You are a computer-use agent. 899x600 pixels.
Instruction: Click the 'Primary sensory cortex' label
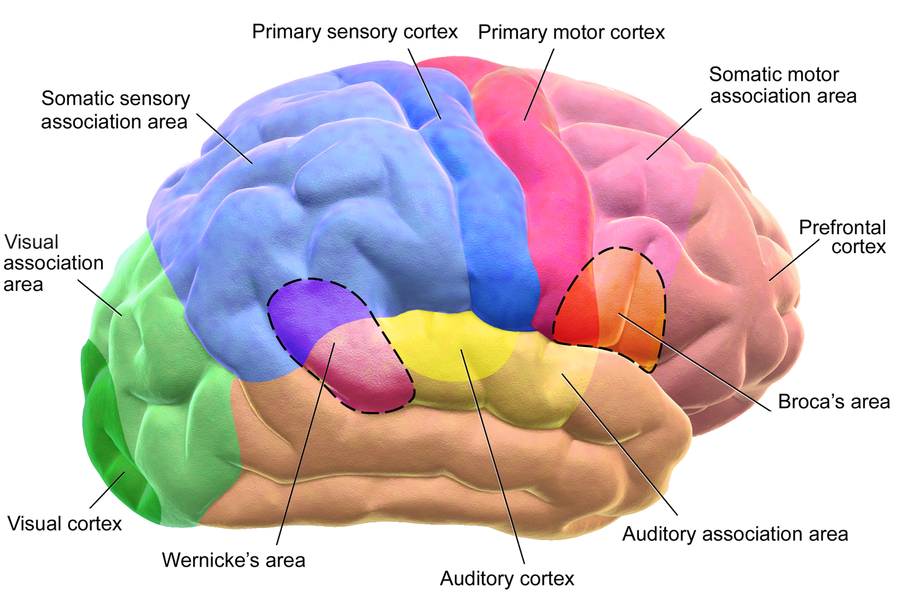(355, 32)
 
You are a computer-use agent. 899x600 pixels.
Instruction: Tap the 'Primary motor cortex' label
(571, 32)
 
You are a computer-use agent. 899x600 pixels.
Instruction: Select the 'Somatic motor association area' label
(782, 85)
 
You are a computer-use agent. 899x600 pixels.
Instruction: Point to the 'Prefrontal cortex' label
(842, 237)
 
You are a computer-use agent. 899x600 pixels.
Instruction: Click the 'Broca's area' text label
(833, 402)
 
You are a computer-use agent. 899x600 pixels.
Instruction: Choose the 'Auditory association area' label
(735, 534)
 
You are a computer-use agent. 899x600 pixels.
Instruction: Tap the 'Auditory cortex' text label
(507, 579)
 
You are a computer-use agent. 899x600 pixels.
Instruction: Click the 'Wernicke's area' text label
(233, 560)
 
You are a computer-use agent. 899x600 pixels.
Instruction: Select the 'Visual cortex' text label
(64, 524)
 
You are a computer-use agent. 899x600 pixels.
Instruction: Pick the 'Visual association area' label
(53, 263)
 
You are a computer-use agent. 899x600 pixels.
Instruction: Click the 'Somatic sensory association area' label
(115, 110)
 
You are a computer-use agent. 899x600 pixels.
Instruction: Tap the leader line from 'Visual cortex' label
(107, 490)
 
